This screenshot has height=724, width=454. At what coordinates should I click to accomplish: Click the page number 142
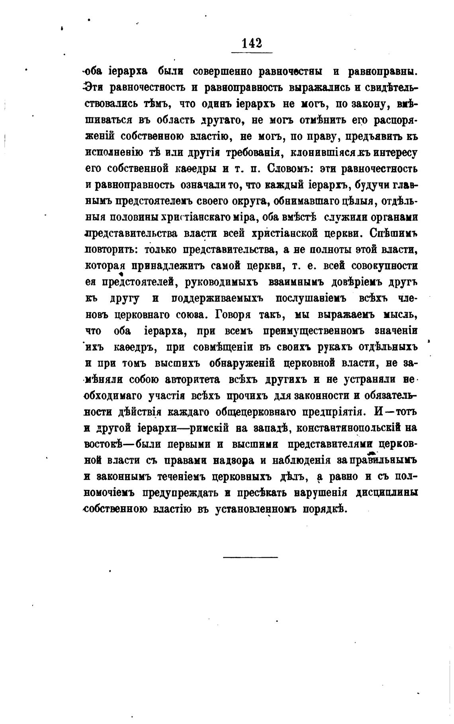pyautogui.click(x=252, y=43)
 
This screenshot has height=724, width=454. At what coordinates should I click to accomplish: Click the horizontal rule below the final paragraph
pyautogui.click(x=250, y=557)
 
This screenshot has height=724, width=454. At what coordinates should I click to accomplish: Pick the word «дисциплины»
pyautogui.click(x=387, y=493)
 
